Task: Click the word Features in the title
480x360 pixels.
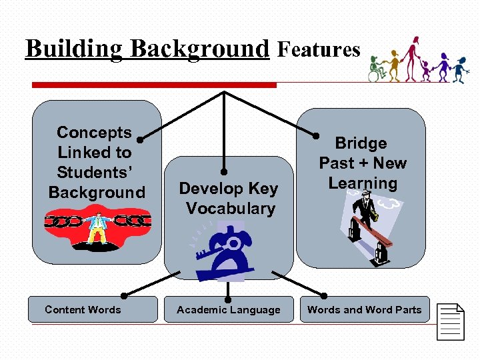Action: [319, 49]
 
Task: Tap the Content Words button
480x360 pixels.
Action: [83, 309]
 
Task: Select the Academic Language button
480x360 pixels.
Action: [229, 309]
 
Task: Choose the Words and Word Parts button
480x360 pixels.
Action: [364, 309]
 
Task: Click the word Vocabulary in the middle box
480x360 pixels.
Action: [231, 209]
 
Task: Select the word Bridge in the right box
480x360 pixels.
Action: [361, 143]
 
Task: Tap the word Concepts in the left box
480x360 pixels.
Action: [94, 133]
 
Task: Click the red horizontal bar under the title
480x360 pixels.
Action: [154, 85]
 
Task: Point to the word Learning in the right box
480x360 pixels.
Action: [363, 183]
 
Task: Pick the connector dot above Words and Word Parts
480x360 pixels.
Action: [325, 295]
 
